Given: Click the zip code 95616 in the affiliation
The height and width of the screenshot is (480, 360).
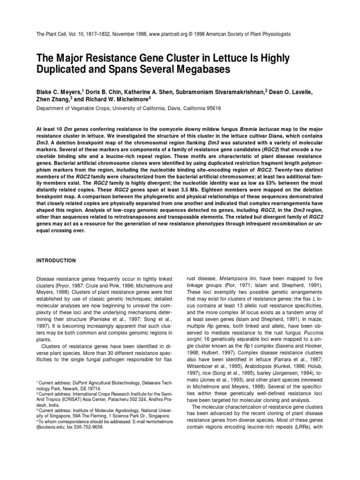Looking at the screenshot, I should tap(212, 108).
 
